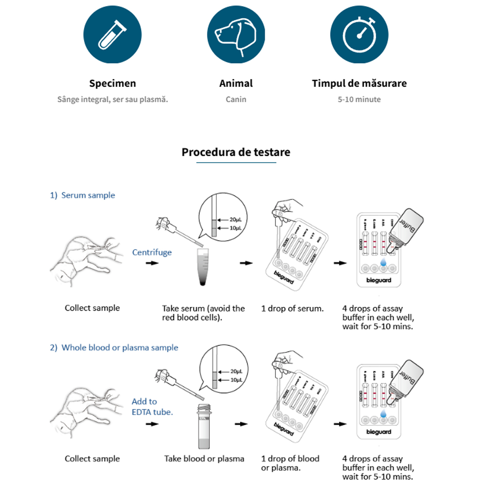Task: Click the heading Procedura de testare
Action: point(236,152)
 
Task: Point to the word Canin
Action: point(236,99)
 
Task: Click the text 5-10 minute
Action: point(359,99)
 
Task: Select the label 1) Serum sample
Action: point(83,195)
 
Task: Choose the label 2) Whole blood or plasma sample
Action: point(114,348)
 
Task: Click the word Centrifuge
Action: point(152,252)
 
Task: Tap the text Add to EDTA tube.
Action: point(153,406)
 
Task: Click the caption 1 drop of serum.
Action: point(292,308)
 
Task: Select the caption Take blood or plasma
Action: point(204,458)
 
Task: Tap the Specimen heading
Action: point(113,84)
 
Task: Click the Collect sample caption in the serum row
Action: point(92,308)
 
